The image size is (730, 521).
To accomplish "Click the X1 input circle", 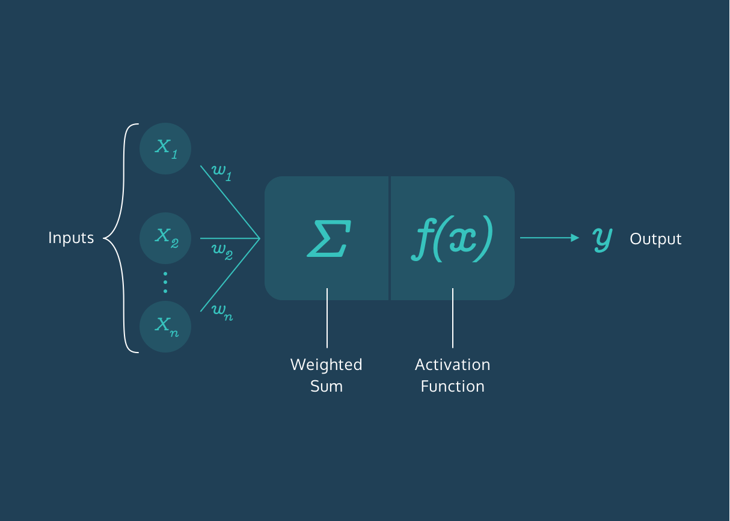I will (165, 148).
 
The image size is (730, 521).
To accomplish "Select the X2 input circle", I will (165, 238).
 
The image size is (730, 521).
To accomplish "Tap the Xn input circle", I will (165, 327).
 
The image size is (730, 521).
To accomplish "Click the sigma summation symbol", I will (328, 238).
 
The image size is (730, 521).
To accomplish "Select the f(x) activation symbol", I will (453, 238).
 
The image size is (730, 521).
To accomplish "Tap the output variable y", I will (602, 238).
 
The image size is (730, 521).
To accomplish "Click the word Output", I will (655, 239).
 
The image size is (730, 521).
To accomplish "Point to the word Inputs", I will (71, 238).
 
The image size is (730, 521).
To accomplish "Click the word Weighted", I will (327, 365).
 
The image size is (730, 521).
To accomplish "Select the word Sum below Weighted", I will (327, 386).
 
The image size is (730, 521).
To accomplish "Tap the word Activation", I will (453, 365).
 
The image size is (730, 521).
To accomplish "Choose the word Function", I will (453, 386).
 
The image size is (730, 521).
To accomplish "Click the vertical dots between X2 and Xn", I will (165, 282).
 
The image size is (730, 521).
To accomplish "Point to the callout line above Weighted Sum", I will (327, 318).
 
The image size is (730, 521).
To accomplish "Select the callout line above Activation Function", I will (453, 318).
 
